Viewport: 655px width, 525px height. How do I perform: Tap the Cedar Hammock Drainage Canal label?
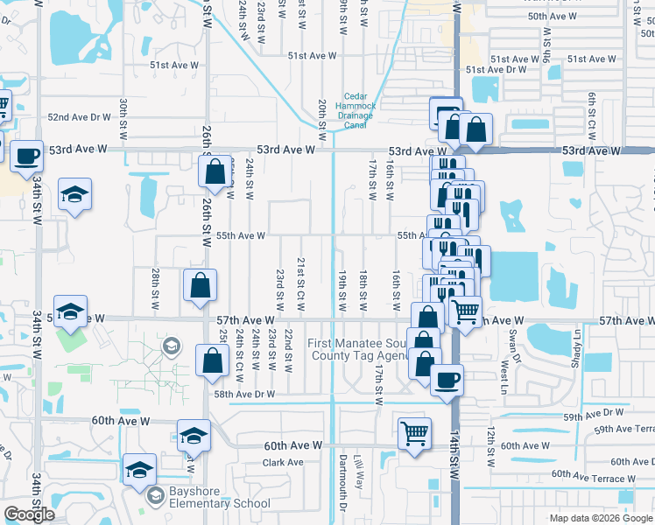coord(355,110)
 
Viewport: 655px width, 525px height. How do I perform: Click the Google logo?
coord(29,514)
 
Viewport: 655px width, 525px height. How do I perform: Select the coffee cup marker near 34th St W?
coord(26,157)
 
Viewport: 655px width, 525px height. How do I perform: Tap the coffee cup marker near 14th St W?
coord(447,380)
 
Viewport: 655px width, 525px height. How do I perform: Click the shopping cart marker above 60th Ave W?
coord(414,432)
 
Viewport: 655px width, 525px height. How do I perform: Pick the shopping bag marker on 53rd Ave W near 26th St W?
coord(215,172)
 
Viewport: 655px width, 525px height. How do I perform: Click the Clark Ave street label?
coord(283,462)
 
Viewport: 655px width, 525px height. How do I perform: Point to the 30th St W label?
coord(124,114)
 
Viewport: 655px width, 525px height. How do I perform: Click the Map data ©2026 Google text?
coord(599,518)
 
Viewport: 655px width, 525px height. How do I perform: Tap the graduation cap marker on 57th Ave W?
coord(70,311)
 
